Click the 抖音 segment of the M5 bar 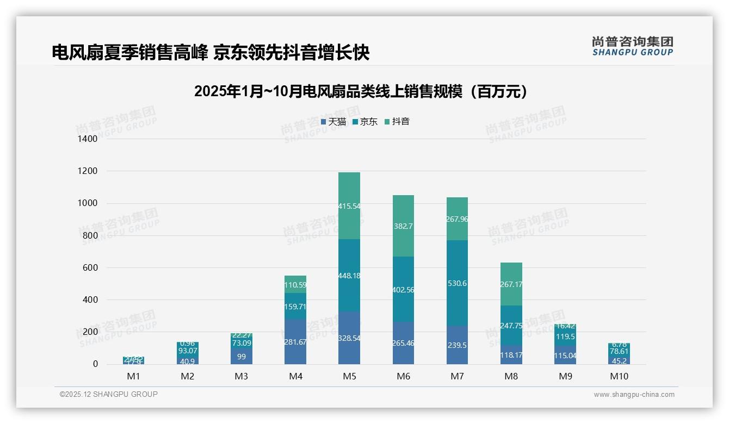pos(349,205)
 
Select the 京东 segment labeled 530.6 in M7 pos(456,283)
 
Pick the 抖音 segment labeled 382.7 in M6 pos(403,226)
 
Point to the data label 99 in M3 pos(241,356)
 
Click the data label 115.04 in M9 pos(565,356)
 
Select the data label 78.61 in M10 pos(619,351)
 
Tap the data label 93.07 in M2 pos(187,351)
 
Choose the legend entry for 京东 pos(365,122)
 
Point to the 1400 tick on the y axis pos(87,139)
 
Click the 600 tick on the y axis pos(90,268)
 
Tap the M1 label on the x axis pos(133,376)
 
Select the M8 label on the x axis pos(511,376)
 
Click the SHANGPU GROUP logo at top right pos(633,46)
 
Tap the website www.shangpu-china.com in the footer pos(634,395)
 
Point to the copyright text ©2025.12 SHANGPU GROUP pos(109,395)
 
